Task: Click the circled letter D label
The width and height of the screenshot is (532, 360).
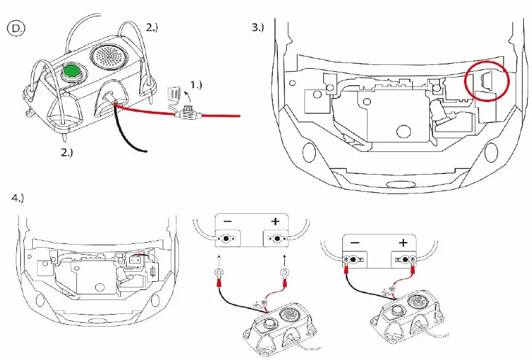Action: point(14,28)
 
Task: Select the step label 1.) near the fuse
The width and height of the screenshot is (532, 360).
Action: point(197,84)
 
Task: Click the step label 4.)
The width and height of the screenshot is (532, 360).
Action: point(18,197)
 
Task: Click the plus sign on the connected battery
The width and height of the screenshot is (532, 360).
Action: point(403,243)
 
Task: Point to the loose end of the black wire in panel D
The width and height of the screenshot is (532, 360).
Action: point(146,151)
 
